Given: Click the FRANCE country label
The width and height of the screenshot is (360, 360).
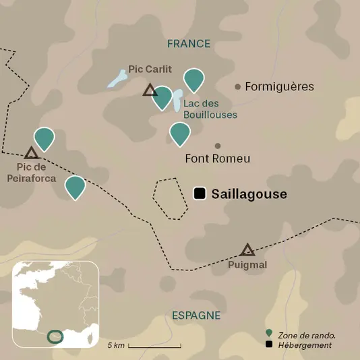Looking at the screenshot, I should (189, 44).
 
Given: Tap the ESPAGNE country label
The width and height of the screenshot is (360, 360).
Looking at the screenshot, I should (196, 316).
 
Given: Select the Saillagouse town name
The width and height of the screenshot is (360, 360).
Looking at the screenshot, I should (249, 194).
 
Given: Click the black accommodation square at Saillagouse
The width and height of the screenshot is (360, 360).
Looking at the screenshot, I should (200, 193).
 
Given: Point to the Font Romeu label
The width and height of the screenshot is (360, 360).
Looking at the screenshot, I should (217, 159).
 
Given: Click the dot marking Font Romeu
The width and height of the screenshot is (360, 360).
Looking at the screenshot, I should (218, 146).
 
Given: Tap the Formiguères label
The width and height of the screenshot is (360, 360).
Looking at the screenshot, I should (279, 87).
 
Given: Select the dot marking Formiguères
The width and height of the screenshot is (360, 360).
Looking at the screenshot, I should (237, 86).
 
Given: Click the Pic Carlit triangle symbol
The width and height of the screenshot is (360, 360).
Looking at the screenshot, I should (150, 90).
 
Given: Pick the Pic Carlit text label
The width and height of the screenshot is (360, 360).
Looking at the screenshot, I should (150, 69).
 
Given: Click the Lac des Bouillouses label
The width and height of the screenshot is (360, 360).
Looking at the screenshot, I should (210, 109).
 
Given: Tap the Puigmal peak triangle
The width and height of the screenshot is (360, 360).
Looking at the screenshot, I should (248, 250).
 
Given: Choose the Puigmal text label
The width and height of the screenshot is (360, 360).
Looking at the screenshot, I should (248, 265).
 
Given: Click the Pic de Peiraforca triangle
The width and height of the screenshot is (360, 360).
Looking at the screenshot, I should (31, 153).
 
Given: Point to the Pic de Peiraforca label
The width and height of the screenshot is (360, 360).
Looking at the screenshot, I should (31, 173).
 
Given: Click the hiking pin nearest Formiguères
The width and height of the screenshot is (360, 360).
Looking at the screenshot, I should (194, 80).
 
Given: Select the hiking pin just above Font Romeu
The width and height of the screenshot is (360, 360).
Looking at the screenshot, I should (179, 133).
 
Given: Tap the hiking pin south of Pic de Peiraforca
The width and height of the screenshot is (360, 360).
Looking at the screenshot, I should (75, 187).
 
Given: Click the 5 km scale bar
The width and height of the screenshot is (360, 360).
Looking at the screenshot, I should (154, 346).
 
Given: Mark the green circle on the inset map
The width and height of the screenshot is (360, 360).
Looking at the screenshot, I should (55, 336).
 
